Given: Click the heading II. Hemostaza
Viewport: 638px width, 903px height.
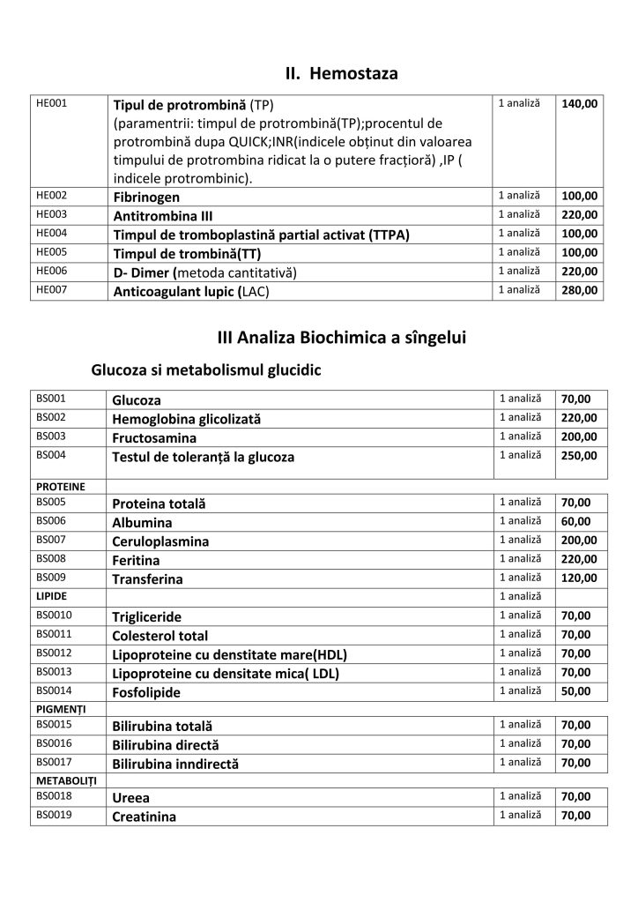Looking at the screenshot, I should click(x=341, y=73).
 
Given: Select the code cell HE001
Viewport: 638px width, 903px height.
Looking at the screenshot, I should click(x=50, y=104).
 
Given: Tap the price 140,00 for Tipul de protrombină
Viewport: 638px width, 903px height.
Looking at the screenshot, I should click(x=579, y=104).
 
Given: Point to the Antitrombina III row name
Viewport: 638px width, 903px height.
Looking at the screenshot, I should click(x=163, y=215).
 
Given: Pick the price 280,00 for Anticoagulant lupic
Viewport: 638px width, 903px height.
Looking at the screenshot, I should click(x=579, y=290).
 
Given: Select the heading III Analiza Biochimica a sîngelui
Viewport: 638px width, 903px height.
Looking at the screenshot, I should click(x=341, y=338).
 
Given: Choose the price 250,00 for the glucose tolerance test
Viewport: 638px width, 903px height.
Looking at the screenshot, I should click(x=579, y=456).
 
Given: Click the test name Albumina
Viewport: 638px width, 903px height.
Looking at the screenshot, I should click(x=142, y=522).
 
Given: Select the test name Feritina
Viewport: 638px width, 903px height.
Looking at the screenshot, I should click(x=137, y=560).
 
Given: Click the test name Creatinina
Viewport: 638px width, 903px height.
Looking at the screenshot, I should click(x=145, y=817).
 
